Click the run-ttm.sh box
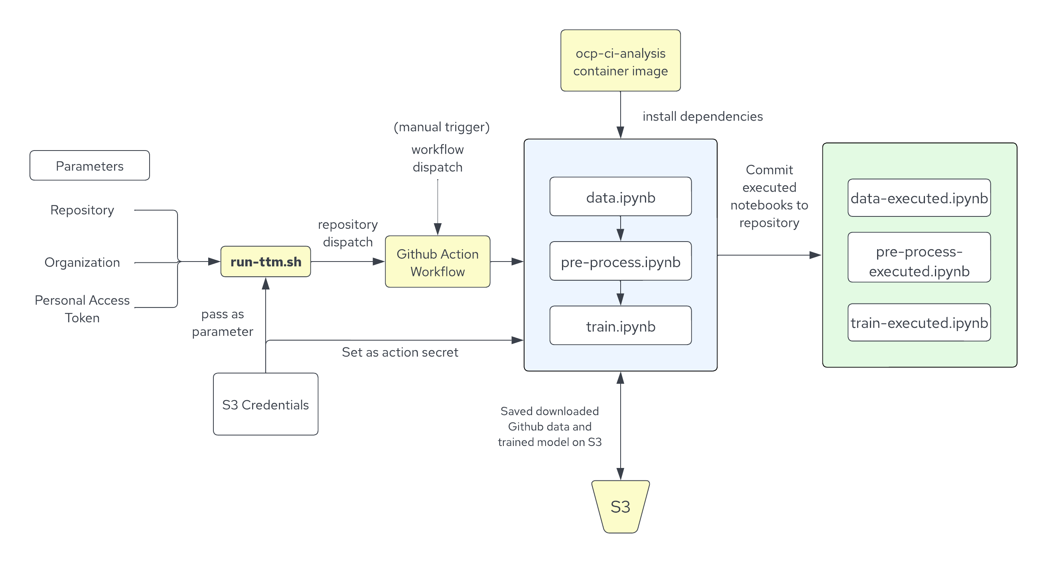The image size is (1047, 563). pos(265,262)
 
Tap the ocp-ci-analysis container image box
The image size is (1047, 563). pos(620,61)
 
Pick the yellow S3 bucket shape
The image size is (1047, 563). pos(620,506)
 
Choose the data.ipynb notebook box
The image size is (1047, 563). pos(620,197)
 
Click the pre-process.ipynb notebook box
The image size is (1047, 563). pos(620,261)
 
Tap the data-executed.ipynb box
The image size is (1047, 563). pos(919,198)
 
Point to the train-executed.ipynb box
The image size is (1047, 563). pos(919,322)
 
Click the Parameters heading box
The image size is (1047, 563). pos(89,166)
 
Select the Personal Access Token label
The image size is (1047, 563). pos(82,308)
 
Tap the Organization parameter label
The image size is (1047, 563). pos(82,262)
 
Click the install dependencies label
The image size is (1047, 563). pos(702,116)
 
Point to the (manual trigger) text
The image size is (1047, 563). pos(442,127)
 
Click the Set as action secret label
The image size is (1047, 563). pos(400,352)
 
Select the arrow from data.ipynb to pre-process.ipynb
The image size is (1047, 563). pos(620,229)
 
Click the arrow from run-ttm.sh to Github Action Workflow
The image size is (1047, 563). pos(347,262)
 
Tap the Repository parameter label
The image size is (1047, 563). pos(82,210)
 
